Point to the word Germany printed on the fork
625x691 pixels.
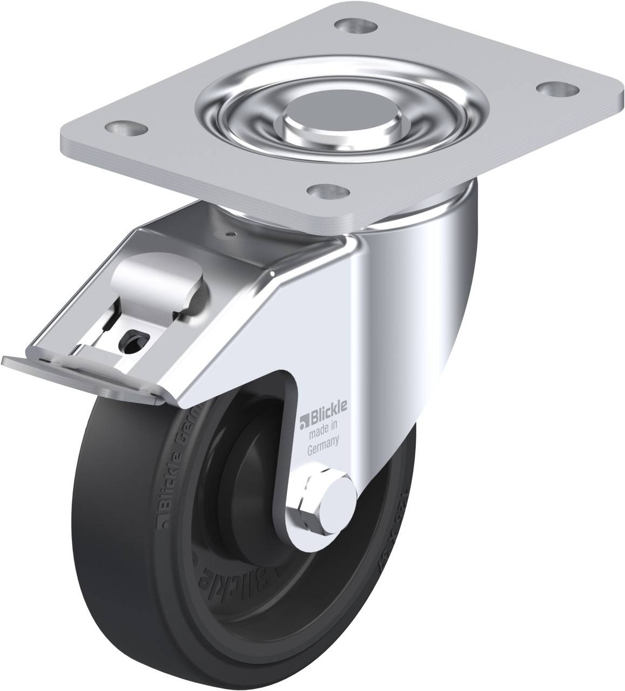(x=322, y=442)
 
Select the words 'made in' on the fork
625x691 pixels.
(x=322, y=430)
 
